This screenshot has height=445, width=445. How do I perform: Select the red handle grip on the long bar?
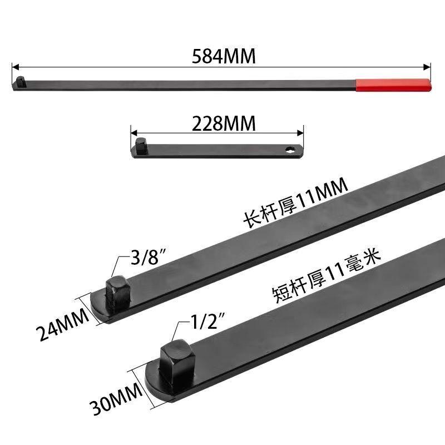[x=392, y=84]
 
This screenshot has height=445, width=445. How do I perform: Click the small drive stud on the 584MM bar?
[x=20, y=81]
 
